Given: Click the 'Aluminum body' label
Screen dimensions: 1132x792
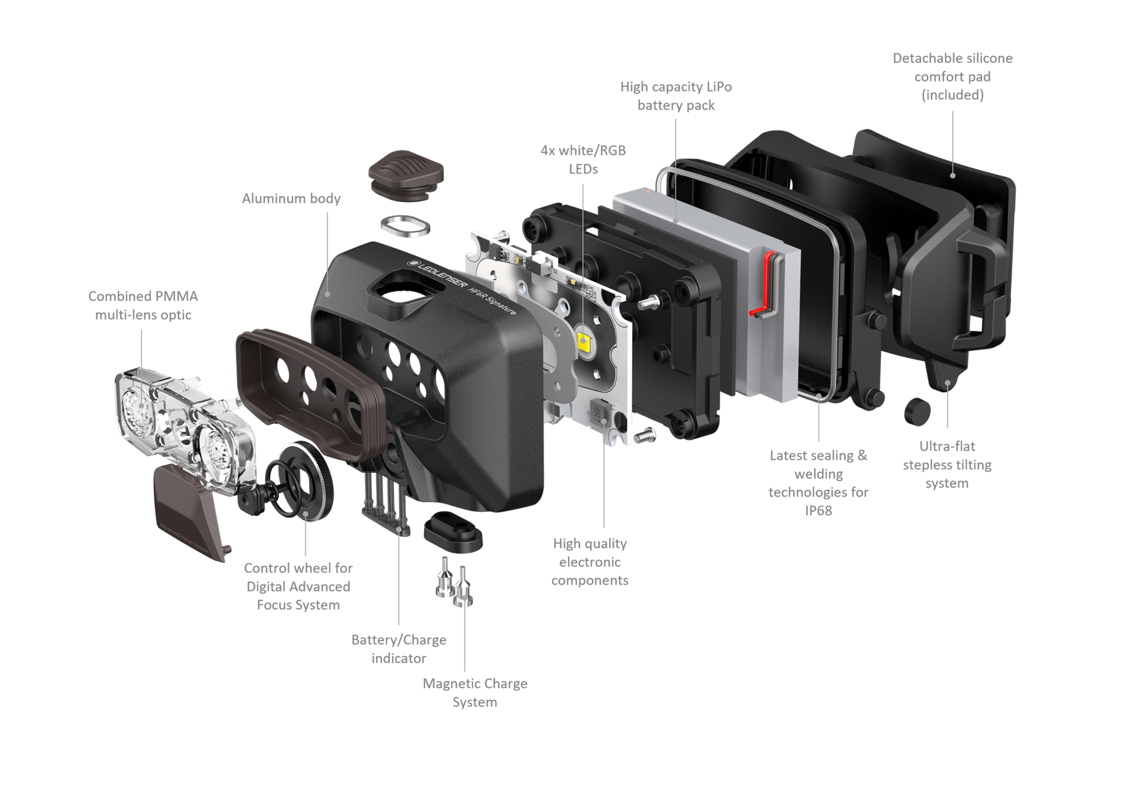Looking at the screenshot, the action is tap(291, 199).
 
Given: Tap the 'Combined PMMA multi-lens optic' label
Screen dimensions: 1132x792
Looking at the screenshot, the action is tap(143, 305).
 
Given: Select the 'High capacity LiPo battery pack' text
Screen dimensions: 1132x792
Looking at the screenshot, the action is tap(676, 96).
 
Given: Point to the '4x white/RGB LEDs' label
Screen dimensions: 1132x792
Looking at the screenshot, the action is tap(583, 160).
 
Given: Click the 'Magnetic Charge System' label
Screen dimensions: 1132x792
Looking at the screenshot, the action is tap(475, 693).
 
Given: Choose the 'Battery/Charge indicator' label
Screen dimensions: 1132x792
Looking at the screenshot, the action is tap(399, 649).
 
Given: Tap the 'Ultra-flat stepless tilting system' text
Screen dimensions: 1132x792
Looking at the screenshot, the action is tap(947, 465).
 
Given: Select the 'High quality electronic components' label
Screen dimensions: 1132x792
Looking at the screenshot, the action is tap(590, 562).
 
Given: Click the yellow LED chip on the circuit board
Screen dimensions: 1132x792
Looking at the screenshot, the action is tap(585, 341).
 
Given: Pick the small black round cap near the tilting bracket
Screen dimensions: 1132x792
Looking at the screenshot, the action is tap(917, 411).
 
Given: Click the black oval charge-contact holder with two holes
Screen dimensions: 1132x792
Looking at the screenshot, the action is tap(453, 531).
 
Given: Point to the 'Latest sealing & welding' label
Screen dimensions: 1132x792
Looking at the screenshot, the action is tap(818, 465).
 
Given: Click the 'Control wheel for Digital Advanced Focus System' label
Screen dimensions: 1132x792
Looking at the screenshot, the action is tap(298, 587).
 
